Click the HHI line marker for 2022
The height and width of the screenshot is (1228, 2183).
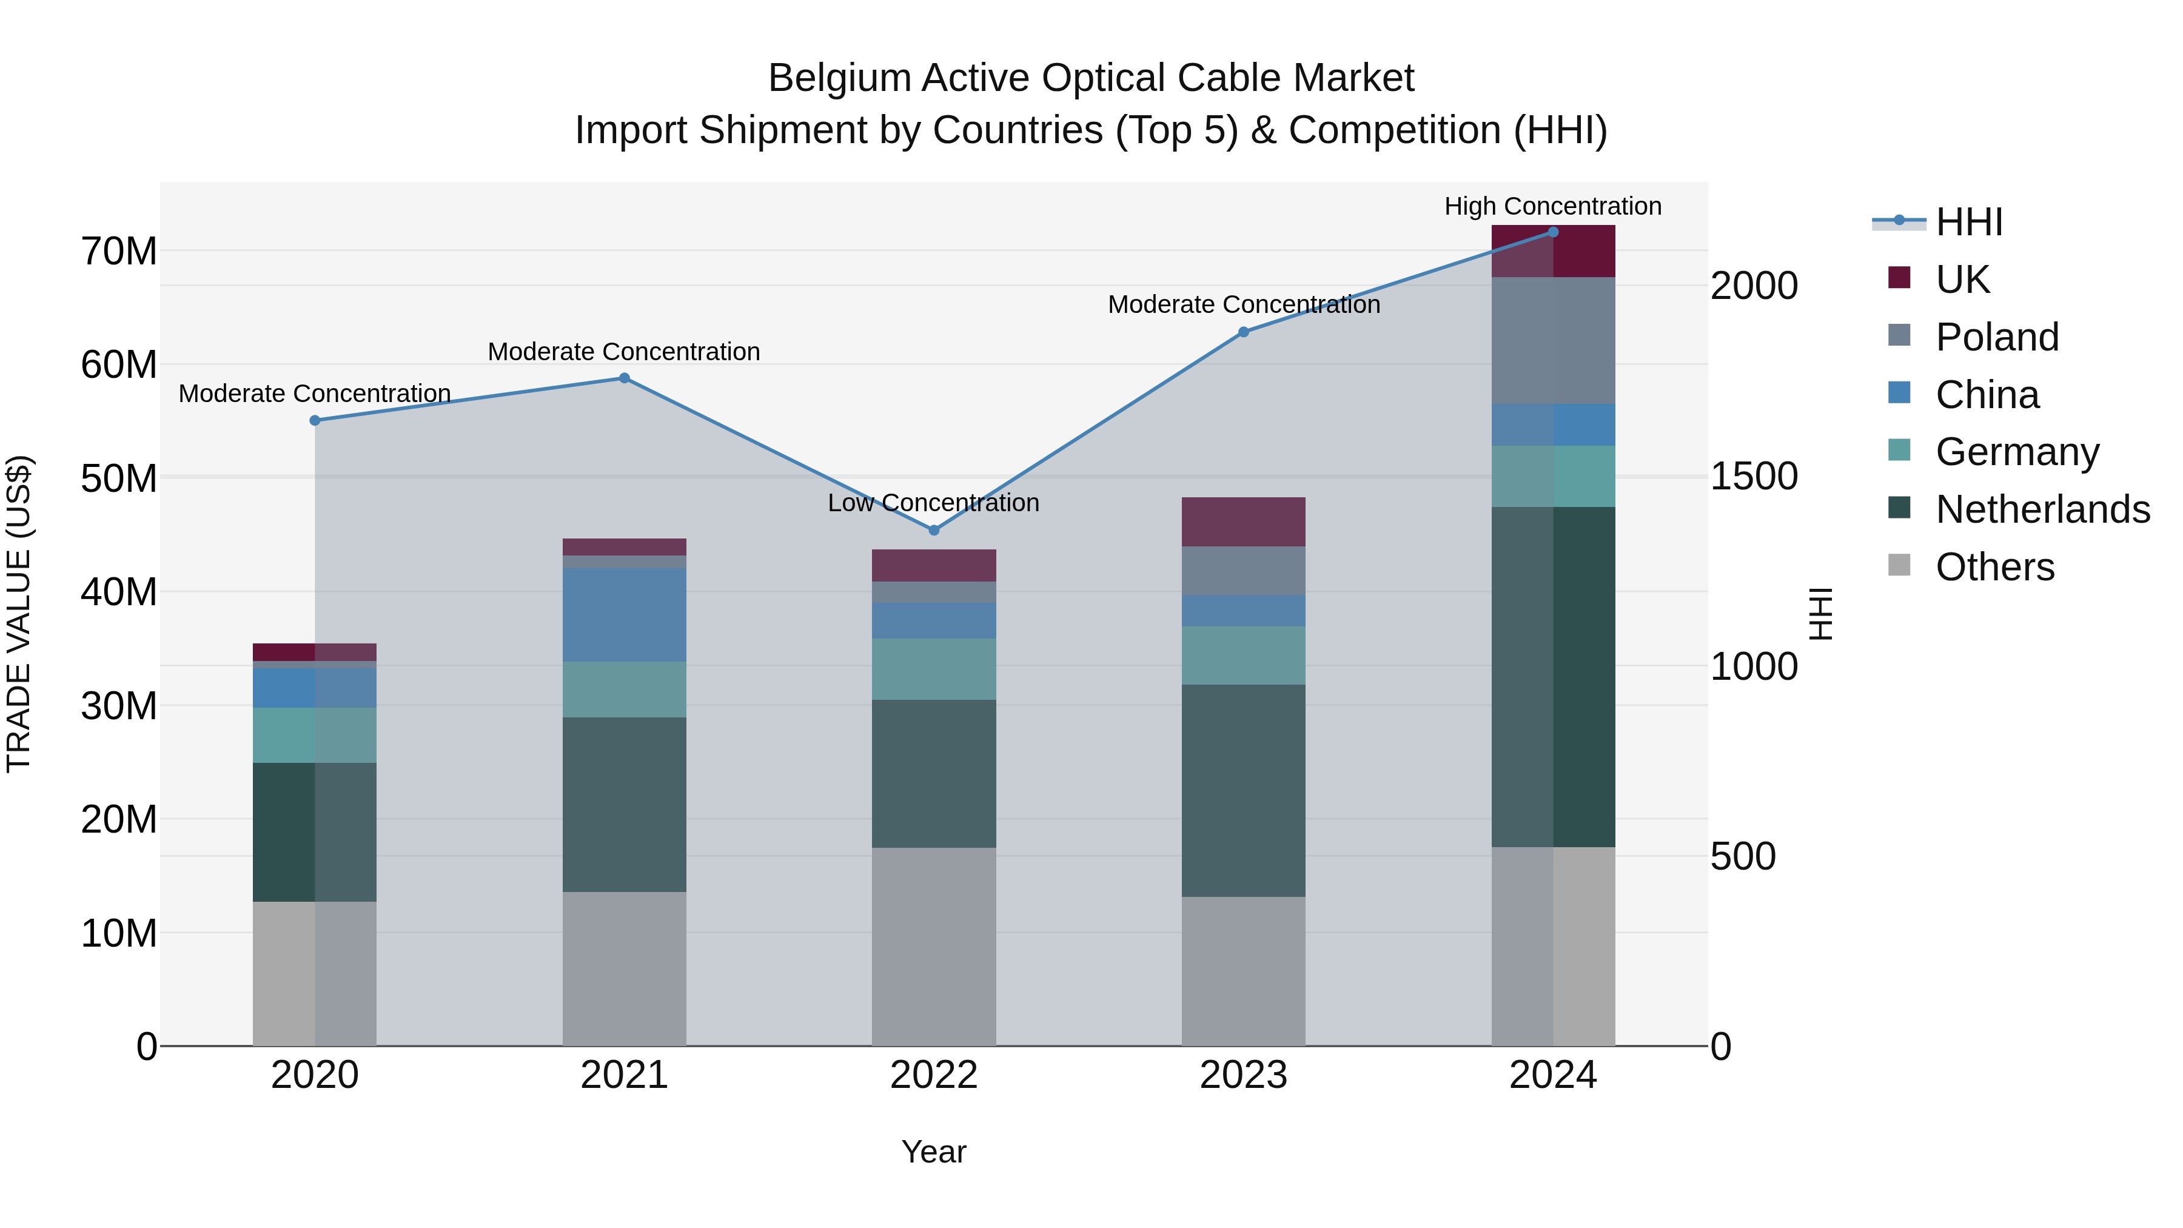point(934,531)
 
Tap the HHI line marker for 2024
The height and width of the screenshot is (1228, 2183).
point(1552,232)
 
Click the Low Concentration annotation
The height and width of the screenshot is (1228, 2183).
point(933,503)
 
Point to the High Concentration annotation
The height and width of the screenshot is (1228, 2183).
point(1552,207)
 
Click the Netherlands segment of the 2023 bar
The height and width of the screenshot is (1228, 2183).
point(1243,791)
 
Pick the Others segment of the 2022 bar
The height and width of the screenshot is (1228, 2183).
point(934,946)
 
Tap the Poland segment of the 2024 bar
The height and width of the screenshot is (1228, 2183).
point(1552,341)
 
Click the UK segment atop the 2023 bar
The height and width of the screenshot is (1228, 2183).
point(1243,522)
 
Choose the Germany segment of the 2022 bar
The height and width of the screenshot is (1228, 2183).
point(934,669)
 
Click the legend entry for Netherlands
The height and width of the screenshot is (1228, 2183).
point(2042,509)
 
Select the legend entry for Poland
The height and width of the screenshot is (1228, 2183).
point(1997,337)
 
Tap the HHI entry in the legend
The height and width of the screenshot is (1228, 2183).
point(1968,222)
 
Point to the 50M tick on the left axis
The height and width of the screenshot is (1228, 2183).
point(119,479)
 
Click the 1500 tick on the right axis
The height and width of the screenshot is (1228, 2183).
point(1753,476)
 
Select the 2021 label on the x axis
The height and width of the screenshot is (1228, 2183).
point(624,1075)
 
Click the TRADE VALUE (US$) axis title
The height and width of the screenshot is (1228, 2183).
point(19,614)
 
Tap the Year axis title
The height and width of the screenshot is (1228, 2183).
point(933,1152)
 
